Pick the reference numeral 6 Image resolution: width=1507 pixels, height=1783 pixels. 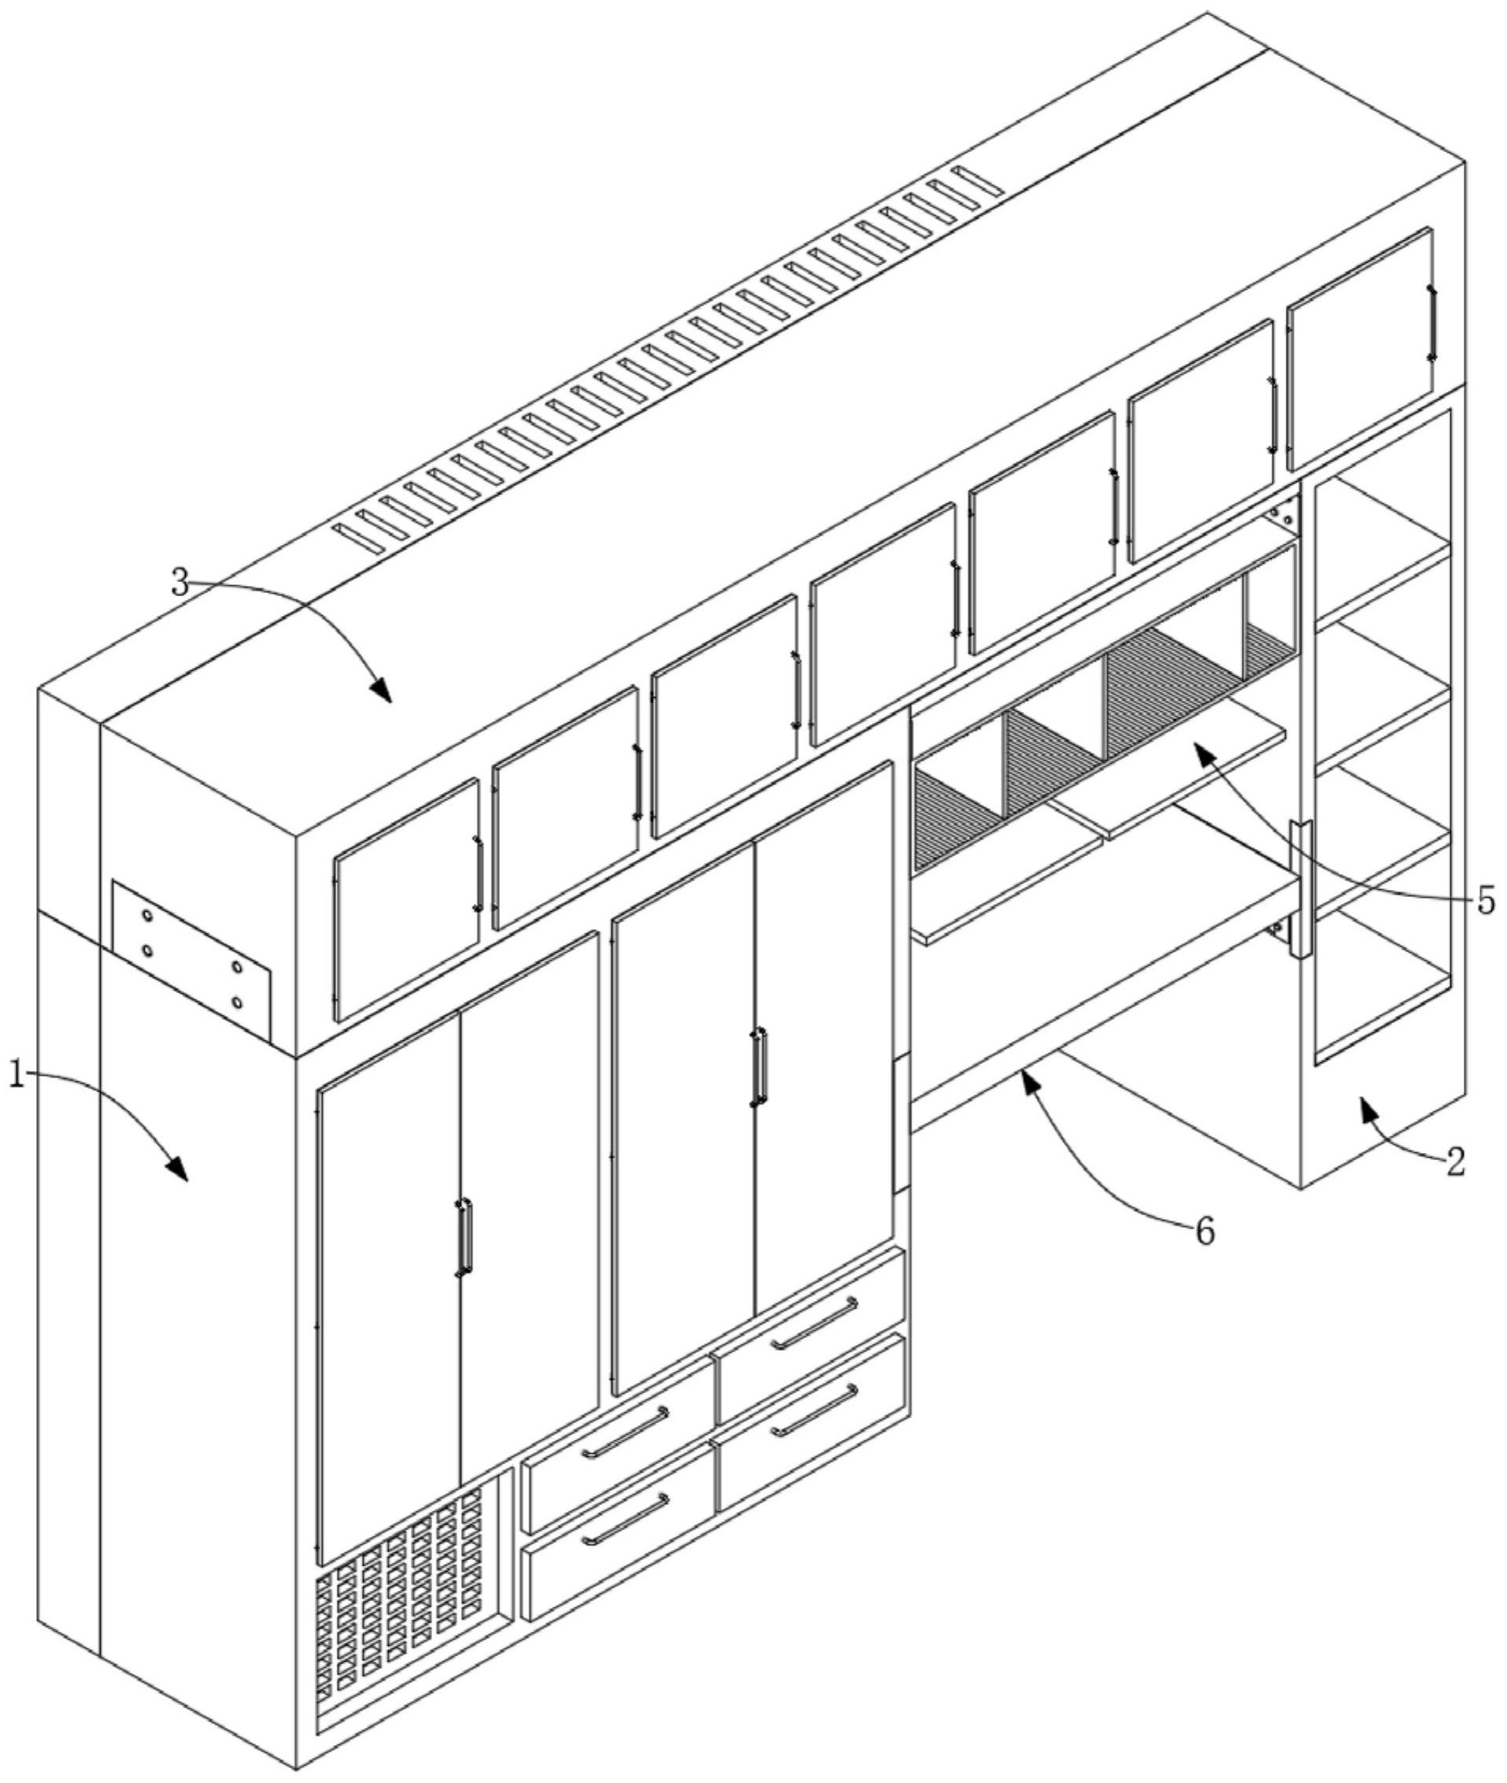tap(1204, 1232)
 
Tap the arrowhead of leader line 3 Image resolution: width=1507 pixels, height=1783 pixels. tap(381, 689)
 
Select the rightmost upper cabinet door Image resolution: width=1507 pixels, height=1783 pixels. tap(1361, 349)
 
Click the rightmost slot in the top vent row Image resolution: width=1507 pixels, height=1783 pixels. tap(981, 179)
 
